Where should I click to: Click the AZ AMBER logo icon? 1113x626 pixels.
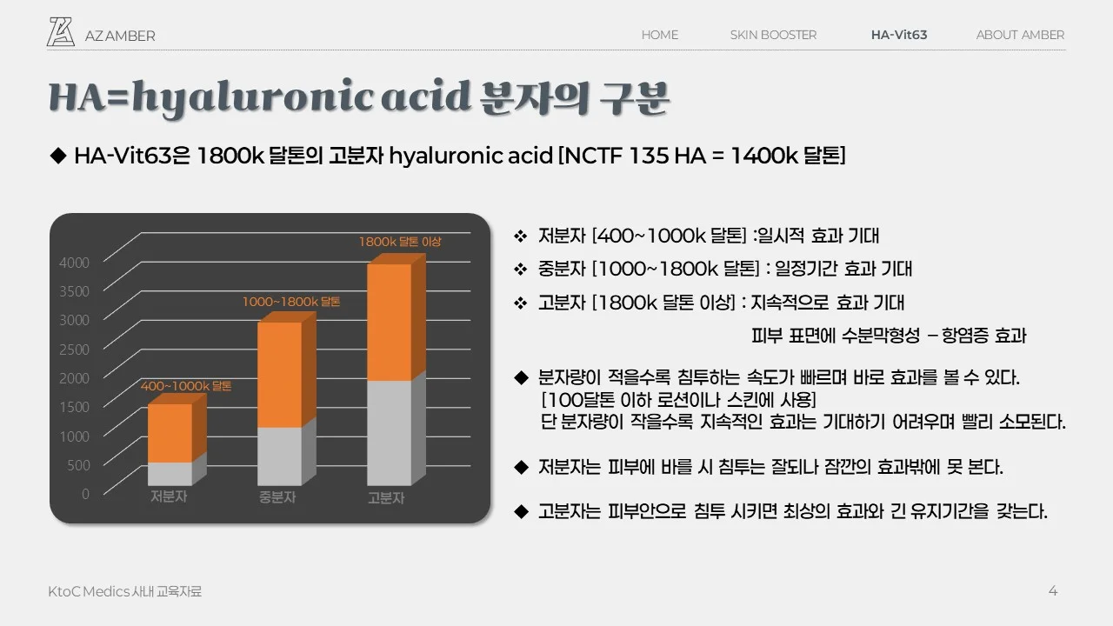pyautogui.click(x=61, y=31)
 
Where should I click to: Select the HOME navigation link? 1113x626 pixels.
pyautogui.click(x=659, y=35)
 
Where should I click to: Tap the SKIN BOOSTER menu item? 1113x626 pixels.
pyautogui.click(x=773, y=35)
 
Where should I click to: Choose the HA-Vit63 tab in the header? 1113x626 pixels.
pyautogui.click(x=899, y=35)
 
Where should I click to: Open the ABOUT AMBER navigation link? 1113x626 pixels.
pyautogui.click(x=1020, y=35)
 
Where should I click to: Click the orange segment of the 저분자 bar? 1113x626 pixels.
pyautogui.click(x=170, y=433)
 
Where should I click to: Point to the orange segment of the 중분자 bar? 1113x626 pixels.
pyautogui.click(x=279, y=374)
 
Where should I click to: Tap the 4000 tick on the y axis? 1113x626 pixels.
pyautogui.click(x=74, y=262)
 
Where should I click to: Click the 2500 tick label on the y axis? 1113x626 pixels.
pyautogui.click(x=74, y=349)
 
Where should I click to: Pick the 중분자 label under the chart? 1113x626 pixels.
pyautogui.click(x=277, y=498)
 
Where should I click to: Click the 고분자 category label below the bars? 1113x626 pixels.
pyautogui.click(x=386, y=498)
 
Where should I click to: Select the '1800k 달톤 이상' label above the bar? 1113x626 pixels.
pyautogui.click(x=400, y=242)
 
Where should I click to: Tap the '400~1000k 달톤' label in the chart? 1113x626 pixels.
pyautogui.click(x=186, y=385)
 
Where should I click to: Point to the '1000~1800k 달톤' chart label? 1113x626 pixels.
pyautogui.click(x=291, y=302)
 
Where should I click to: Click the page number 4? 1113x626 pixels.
pyautogui.click(x=1053, y=591)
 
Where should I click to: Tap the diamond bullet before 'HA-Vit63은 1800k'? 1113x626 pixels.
pyautogui.click(x=58, y=156)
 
